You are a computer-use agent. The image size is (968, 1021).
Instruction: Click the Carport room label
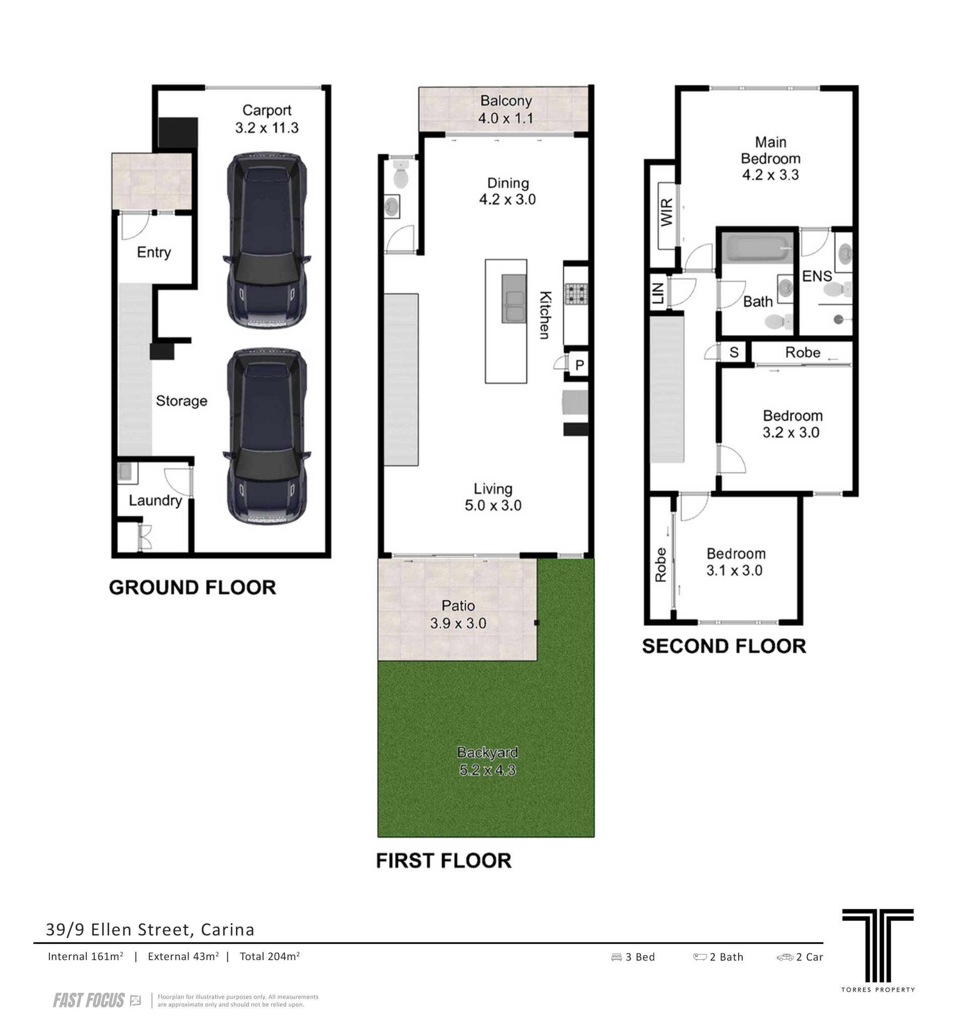point(267,110)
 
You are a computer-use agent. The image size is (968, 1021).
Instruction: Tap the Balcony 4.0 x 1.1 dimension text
point(505,118)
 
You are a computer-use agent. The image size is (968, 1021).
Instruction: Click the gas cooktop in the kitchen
point(575,294)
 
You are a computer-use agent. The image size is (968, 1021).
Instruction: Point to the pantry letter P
point(579,365)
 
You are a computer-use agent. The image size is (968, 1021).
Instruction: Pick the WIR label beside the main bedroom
point(666,212)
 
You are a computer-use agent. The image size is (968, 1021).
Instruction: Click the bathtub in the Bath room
point(757,248)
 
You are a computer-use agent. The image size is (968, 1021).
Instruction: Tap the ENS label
point(817,276)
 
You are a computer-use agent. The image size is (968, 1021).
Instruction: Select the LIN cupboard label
point(657,293)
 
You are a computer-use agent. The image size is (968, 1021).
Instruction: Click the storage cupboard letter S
point(734,353)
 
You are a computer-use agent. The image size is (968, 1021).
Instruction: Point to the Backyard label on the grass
point(487,753)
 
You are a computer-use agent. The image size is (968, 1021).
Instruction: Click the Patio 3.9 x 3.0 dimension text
point(458,623)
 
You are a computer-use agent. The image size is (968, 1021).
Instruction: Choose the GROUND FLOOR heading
point(193,587)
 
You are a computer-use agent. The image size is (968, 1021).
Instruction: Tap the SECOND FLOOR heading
point(724,646)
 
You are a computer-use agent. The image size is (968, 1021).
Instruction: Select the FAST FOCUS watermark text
point(89,1000)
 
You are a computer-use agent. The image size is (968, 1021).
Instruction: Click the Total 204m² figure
point(270,956)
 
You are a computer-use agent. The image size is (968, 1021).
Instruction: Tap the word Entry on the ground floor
point(154,252)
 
